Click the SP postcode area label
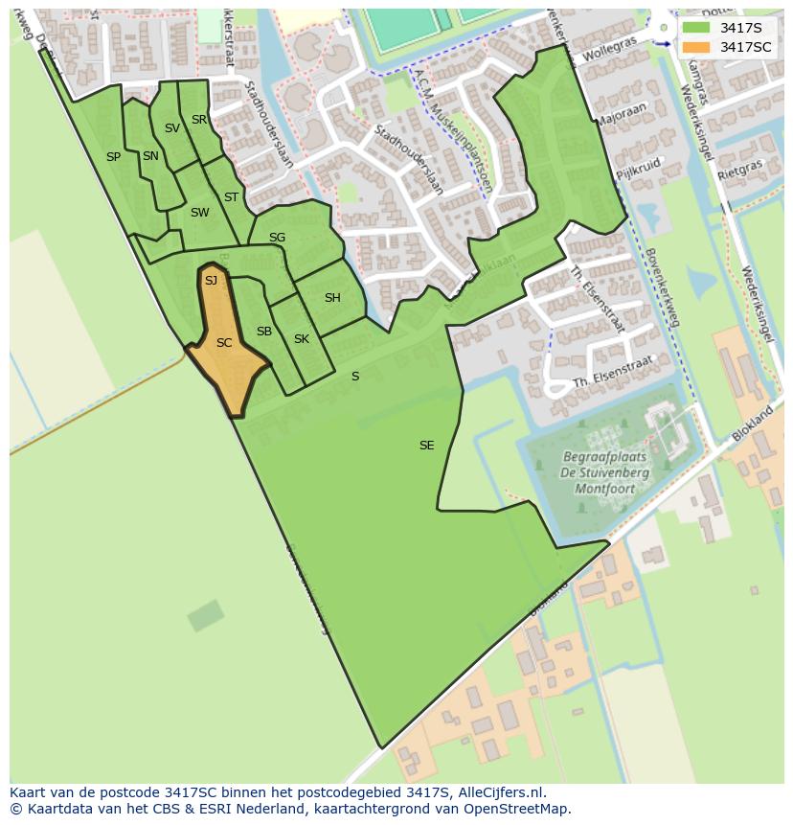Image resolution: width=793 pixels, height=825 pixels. pos(113,157)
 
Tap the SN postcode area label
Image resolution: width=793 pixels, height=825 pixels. pos(150,156)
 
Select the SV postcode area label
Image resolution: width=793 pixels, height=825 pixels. pos(172,128)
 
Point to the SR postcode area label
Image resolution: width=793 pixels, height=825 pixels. pos(199,120)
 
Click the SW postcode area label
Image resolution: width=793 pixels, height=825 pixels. pos(199,213)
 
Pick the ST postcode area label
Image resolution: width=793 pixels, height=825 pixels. pos(231,197)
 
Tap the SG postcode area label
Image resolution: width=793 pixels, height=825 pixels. pos(277,238)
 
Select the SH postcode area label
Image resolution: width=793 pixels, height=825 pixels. pos(332,298)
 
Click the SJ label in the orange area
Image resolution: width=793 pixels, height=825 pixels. pos(212,281)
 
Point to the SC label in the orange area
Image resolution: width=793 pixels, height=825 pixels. pos(224,343)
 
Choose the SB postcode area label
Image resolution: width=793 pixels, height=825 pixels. pos(264,332)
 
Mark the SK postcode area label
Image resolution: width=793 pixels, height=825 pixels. pos(302,339)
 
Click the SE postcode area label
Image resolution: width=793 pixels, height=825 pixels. pos(427,446)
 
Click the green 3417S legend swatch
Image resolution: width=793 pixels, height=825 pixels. pos(696,27)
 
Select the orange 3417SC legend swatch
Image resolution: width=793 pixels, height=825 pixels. pos(696,47)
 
